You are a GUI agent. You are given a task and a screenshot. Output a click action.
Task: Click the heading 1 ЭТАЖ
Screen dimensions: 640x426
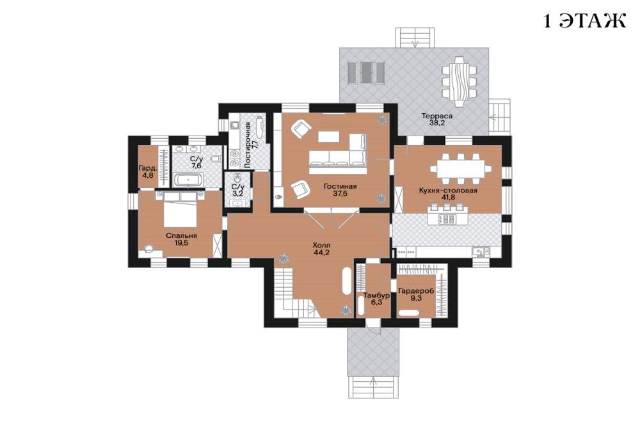tap(584, 21)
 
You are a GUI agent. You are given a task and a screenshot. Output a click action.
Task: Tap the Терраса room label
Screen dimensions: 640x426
tap(436, 116)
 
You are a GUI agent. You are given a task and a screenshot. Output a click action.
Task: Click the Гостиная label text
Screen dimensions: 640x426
tap(340, 187)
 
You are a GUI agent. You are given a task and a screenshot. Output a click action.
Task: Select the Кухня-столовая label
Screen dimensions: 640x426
tap(448, 190)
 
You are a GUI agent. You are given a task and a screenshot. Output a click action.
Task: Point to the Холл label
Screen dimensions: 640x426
tap(321, 245)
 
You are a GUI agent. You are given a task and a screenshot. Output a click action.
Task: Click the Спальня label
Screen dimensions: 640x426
tap(181, 235)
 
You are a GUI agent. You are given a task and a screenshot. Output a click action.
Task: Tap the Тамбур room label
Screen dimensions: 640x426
tap(376, 295)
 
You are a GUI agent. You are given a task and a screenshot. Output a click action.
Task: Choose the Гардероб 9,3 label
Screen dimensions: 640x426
tap(416, 295)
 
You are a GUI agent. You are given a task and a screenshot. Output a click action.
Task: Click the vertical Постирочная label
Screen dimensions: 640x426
tap(247, 145)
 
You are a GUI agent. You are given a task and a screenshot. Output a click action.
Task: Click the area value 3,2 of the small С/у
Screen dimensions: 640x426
tap(237, 193)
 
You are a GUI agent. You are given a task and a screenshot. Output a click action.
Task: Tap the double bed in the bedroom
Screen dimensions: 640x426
tap(180, 209)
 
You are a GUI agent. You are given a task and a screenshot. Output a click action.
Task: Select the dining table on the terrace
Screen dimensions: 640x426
tap(460, 82)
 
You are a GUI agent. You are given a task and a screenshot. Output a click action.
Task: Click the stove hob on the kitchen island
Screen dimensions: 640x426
tap(446, 219)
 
